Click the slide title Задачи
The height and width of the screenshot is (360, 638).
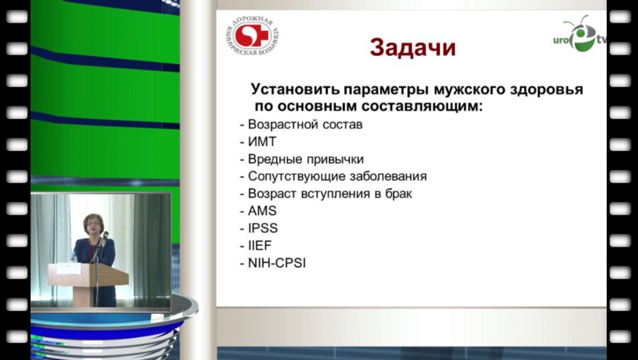tap(412, 47)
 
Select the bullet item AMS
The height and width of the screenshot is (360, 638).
tap(262, 210)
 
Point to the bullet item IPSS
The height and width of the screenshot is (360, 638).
tap(263, 228)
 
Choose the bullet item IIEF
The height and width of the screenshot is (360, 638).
tap(260, 245)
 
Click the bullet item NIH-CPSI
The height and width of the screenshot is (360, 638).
tap(277, 263)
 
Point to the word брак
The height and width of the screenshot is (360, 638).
tap(397, 193)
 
